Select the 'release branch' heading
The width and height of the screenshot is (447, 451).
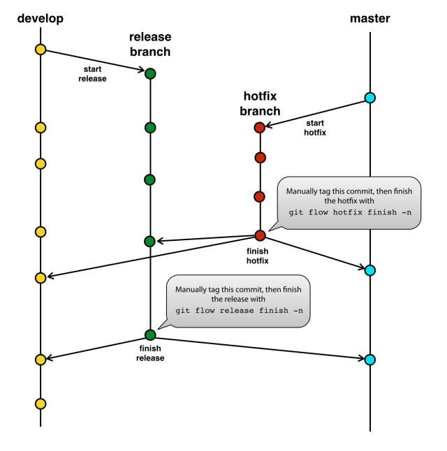coord(149,44)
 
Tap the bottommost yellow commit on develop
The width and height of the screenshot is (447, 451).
coord(40,404)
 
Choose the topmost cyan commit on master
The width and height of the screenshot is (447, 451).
coord(370,98)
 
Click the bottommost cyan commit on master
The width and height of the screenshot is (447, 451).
coord(370,360)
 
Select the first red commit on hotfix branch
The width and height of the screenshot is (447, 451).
coord(259,127)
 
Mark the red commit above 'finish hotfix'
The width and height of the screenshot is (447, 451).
coord(259,235)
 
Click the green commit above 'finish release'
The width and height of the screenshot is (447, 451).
coord(149,334)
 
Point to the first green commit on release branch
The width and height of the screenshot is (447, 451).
coord(149,73)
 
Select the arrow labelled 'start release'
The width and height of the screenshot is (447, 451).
coord(94,61)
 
